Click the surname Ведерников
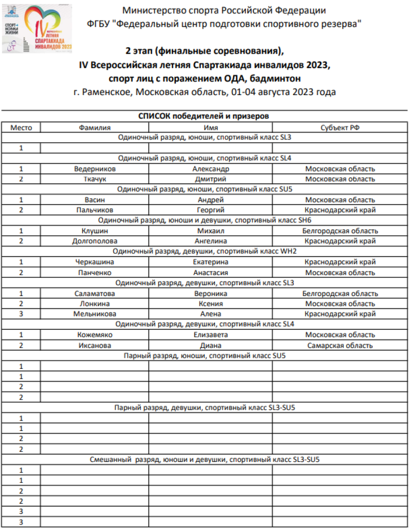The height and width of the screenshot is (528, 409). pos(95,169)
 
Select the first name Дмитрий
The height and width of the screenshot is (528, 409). pos(210,179)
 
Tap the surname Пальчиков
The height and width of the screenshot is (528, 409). pos(95,210)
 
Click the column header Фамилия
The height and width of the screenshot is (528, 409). pos(95,128)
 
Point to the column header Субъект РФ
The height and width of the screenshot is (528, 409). pos(340,128)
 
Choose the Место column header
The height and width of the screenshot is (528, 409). pos(21,128)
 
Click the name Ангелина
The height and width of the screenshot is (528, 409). pos(210,241)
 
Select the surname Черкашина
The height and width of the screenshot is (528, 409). pos(95,262)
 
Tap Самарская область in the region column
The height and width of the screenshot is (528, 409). pos(340,345)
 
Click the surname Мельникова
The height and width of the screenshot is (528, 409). pos(95,314)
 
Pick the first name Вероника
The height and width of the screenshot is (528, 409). pos(210,293)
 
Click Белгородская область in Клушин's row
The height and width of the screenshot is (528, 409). pos(340,231)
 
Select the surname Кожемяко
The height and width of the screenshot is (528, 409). pos(95,335)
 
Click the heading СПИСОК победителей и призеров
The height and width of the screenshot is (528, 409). pos(204,116)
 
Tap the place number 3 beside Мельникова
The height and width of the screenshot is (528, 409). pos(21,314)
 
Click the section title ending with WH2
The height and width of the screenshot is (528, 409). pos(204,251)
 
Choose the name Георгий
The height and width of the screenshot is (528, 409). pos(210,210)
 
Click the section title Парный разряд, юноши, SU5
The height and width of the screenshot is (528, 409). pos(204,356)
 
